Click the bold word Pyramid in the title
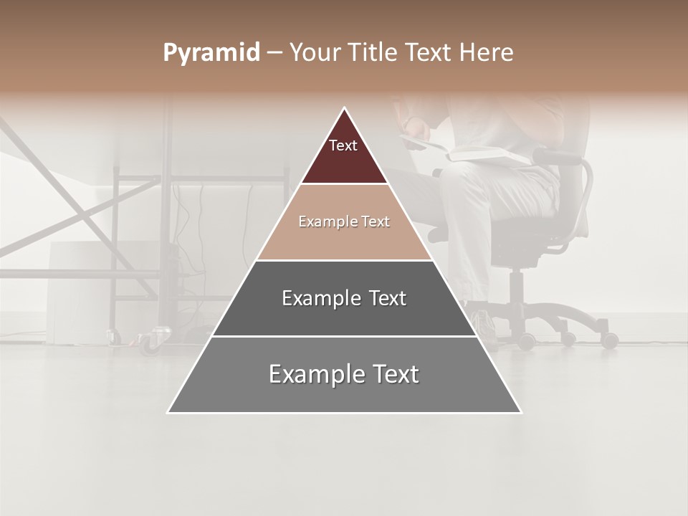point(211,53)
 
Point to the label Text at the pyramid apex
point(343,145)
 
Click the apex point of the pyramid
point(344,108)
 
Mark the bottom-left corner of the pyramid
point(168,412)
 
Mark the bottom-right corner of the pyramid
point(520,412)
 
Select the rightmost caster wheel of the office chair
point(609,340)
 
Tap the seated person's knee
point(459,179)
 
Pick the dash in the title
point(274,53)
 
